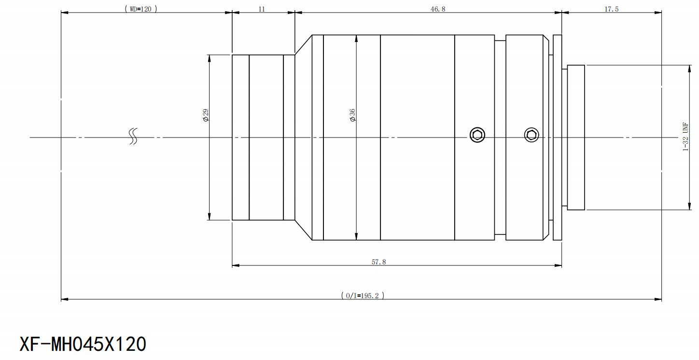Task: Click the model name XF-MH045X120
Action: [x=83, y=344]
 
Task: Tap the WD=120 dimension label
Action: [x=141, y=9]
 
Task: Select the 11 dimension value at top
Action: [x=262, y=9]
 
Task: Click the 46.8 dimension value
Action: [x=438, y=9]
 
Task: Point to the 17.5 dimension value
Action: [x=611, y=9]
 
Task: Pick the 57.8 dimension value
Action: [x=378, y=262]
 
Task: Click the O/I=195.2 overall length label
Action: [x=363, y=295]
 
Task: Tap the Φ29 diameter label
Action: [x=206, y=115]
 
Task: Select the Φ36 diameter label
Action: [x=352, y=115]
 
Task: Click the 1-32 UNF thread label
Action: [x=685, y=137]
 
